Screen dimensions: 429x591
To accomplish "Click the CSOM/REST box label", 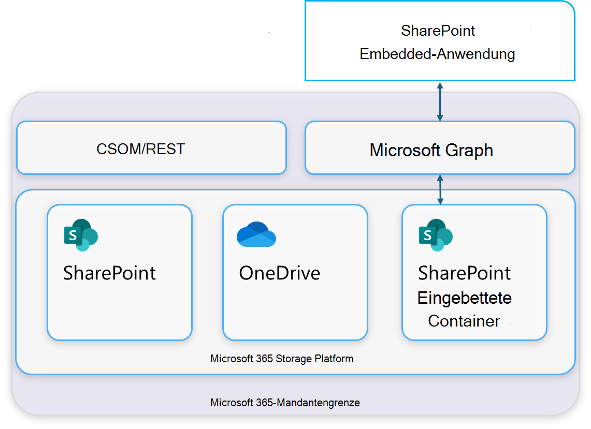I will pyautogui.click(x=140, y=149).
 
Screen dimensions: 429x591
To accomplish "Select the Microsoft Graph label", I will pyautogui.click(x=431, y=150).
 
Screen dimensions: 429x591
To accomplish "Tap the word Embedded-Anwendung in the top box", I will pyautogui.click(x=437, y=54).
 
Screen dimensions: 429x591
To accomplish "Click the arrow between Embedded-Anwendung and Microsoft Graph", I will pyautogui.click(x=440, y=101).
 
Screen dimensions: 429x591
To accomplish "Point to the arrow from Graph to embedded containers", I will pyautogui.click(x=440, y=189).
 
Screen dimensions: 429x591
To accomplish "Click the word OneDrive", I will pyautogui.click(x=279, y=273).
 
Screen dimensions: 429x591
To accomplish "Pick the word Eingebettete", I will pyautogui.click(x=464, y=298).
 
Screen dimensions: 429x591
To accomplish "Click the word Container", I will pyautogui.click(x=464, y=321).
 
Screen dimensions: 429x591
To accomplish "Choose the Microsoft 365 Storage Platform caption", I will pyautogui.click(x=282, y=359).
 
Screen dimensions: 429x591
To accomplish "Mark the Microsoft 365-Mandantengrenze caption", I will pyautogui.click(x=285, y=402).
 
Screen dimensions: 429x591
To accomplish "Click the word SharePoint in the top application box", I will pyautogui.click(x=438, y=31).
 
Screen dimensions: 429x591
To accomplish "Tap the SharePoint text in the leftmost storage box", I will pyautogui.click(x=109, y=273).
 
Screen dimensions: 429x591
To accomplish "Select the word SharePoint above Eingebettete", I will pyautogui.click(x=464, y=273).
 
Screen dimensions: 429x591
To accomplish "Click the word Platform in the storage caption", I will pyautogui.click(x=335, y=359).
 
